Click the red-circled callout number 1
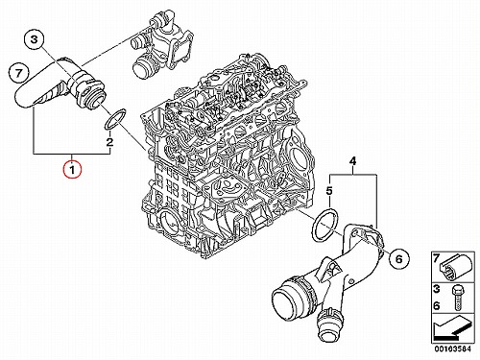click(x=72, y=169)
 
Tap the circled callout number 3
click(x=34, y=39)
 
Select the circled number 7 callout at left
click(x=18, y=73)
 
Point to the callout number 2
click(x=109, y=142)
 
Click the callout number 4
click(x=352, y=160)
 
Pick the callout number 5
click(x=329, y=191)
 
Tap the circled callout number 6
click(x=398, y=258)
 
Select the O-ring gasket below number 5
click(x=325, y=224)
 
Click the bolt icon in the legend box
click(x=457, y=298)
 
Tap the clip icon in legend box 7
click(x=455, y=267)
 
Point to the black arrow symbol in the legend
click(x=452, y=329)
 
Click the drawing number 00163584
click(x=452, y=348)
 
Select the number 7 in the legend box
click(x=436, y=258)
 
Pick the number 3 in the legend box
click(x=437, y=289)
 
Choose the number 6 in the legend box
click(x=437, y=305)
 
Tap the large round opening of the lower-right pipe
click(x=283, y=300)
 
